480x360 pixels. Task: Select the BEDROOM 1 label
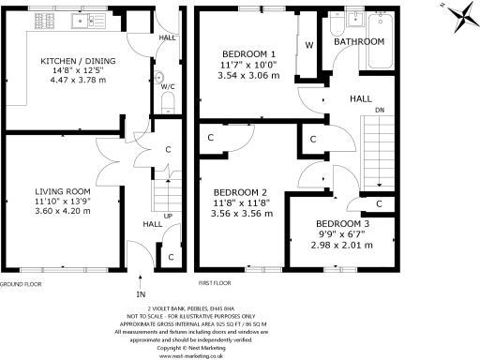248,53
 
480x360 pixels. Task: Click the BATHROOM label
360,42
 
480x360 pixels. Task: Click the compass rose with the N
462,13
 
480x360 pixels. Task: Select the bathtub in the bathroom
383,43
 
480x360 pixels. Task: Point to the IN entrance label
141,276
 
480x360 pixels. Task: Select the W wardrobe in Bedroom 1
307,44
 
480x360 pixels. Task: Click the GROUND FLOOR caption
22,283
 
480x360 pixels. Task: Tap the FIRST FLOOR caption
215,283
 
